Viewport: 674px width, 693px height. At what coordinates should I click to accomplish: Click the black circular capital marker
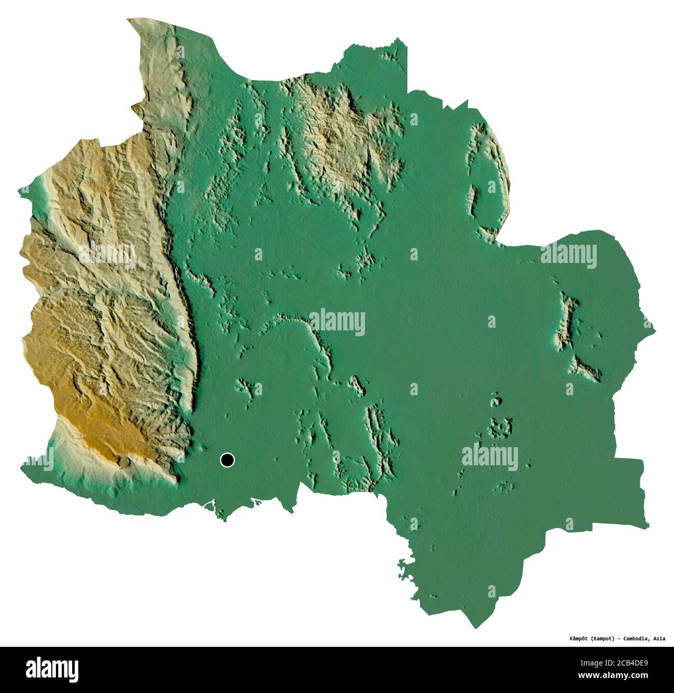(227, 460)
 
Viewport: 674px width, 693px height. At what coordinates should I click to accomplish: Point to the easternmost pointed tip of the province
(654, 329)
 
